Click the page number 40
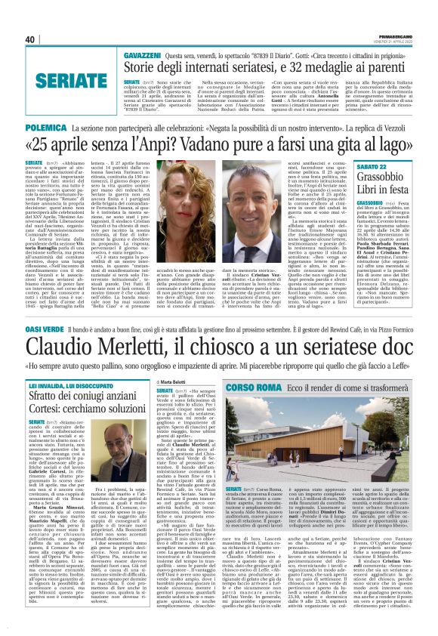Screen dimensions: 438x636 tap(30, 39)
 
